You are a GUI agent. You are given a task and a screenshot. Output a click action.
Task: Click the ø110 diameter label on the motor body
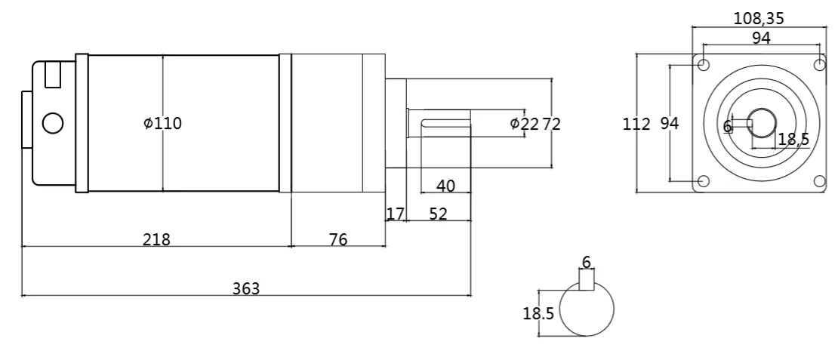click(163, 123)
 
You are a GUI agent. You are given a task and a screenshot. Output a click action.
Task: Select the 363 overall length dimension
click(246, 288)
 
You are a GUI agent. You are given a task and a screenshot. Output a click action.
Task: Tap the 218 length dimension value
click(156, 239)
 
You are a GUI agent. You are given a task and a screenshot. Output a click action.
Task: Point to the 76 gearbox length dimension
click(337, 239)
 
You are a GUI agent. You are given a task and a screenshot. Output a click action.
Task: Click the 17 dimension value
click(395, 214)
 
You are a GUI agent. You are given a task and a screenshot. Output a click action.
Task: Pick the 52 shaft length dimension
click(438, 214)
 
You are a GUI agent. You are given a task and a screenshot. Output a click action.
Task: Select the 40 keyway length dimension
click(445, 186)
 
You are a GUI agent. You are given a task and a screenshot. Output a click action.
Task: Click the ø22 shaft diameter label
click(524, 124)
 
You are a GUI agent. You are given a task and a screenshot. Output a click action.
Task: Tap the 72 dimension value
click(552, 124)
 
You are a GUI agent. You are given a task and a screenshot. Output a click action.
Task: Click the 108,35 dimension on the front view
click(759, 18)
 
